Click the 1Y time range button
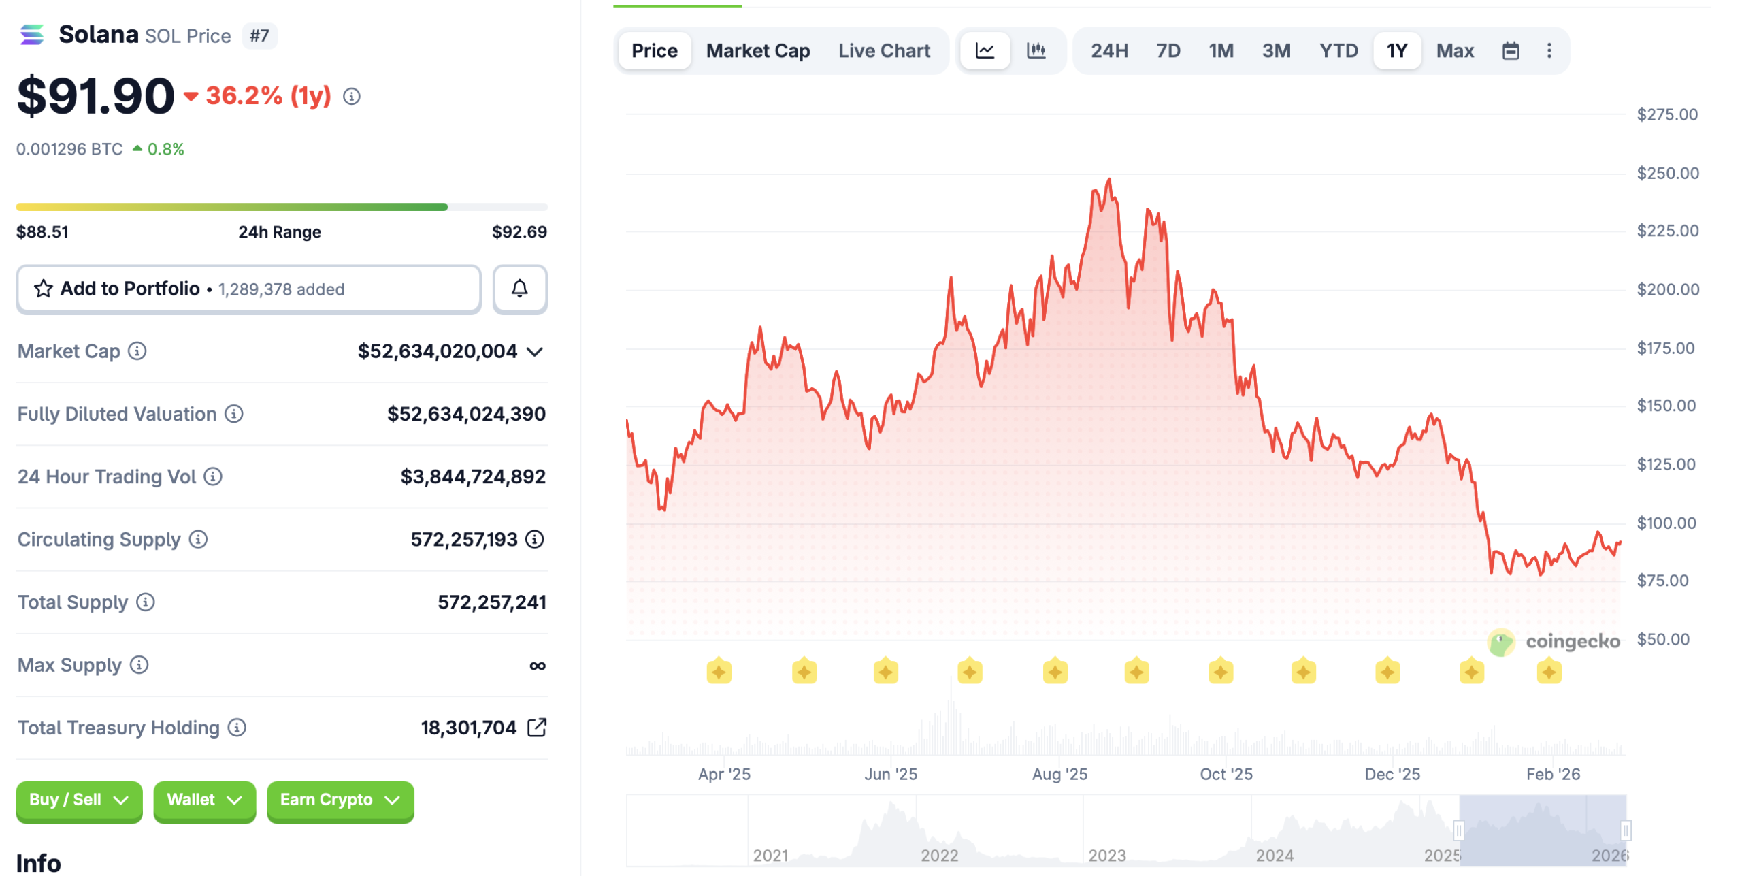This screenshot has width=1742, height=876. coord(1396,51)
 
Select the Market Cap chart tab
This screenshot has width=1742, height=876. coord(757,51)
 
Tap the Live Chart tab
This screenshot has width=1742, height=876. coord(883,51)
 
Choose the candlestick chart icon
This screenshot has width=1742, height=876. coord(1035,51)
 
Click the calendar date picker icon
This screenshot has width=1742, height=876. coord(1510,51)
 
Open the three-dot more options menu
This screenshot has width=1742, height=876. coord(1549,51)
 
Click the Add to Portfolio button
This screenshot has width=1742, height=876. coord(248,289)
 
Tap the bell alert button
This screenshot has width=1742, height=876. coord(519,289)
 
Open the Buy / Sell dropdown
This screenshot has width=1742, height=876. coord(79,800)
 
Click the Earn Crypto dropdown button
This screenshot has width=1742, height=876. coord(340,800)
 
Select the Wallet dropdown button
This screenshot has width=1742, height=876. coord(204,800)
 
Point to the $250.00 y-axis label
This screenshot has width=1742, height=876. coord(1667,174)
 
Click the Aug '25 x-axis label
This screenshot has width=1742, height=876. coord(1059,774)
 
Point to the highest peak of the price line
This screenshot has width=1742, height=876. coord(1109,180)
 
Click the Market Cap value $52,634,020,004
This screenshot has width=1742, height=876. coord(438,351)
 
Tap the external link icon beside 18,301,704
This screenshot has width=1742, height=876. coord(537,728)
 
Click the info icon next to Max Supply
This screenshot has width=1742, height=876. coord(139,665)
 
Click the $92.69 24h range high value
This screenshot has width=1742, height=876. coord(519,232)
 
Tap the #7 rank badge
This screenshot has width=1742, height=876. coord(259,36)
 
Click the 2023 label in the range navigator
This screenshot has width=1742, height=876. coord(1107,856)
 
